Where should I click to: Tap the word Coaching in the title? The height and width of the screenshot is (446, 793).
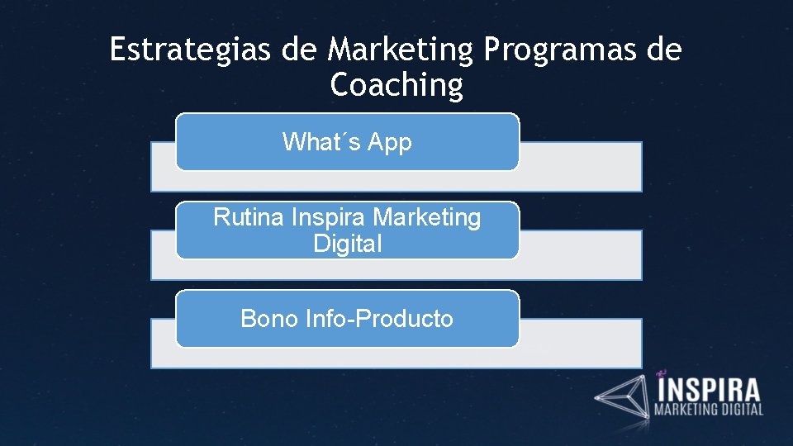396,85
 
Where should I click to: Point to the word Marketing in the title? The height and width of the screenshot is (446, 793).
400,50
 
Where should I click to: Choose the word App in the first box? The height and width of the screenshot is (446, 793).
389,142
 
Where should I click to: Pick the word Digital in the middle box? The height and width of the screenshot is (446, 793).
348,244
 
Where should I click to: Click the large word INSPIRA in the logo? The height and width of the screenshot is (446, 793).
708,389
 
